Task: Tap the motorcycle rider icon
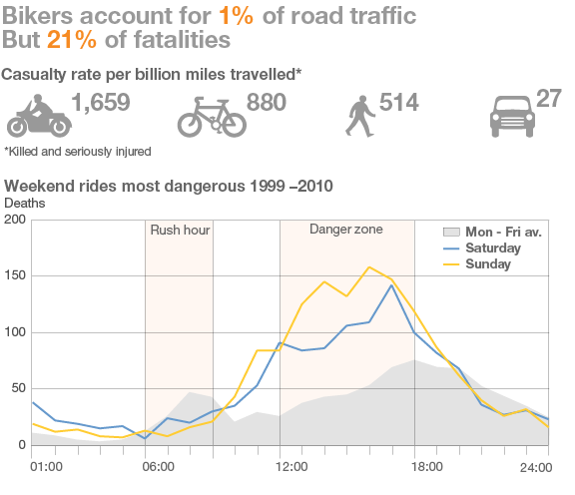coord(38,115)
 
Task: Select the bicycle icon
coord(211,116)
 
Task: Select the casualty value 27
coord(548,98)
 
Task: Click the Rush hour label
coord(180,231)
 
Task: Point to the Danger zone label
coord(345,230)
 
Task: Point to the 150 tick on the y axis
coord(14,275)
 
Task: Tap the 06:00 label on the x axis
coord(160,466)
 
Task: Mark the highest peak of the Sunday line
coord(369,266)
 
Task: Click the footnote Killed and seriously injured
coord(78,151)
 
